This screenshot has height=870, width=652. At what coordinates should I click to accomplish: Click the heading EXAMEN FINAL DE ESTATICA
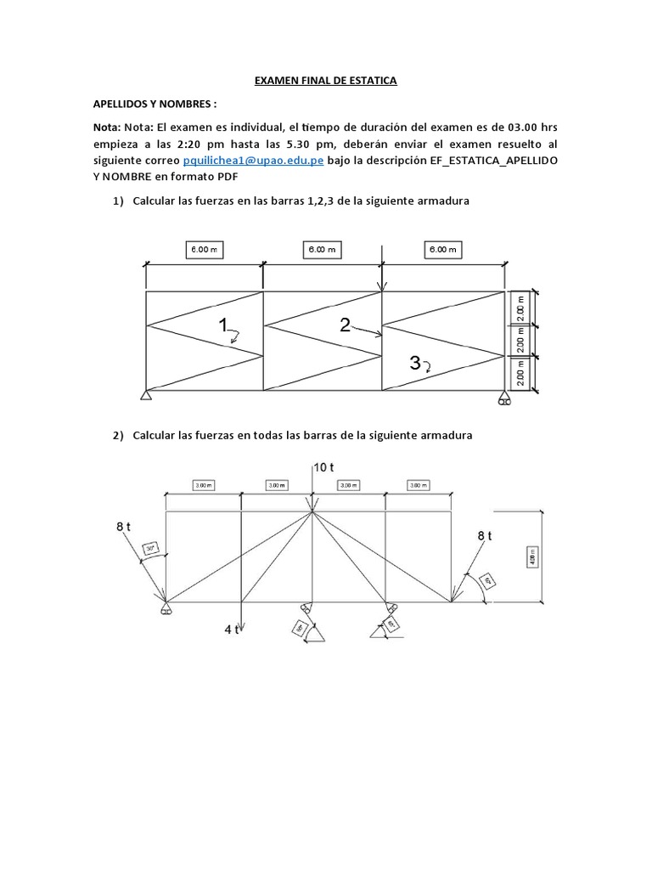pos(326,81)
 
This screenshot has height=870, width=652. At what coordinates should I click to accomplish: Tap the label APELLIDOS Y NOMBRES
pos(155,104)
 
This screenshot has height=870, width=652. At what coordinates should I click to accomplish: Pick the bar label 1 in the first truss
pos(223,325)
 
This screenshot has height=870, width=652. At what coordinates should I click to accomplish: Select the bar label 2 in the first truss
pos(345,325)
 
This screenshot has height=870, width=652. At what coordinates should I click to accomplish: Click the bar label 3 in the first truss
pos(414,364)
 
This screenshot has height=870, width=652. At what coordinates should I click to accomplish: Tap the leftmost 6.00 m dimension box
pos(204,249)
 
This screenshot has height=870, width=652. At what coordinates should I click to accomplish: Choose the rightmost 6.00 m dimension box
pos(441,249)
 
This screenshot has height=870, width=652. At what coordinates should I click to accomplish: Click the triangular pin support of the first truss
pos(147,395)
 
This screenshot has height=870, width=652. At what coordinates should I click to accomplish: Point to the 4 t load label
pos(231,630)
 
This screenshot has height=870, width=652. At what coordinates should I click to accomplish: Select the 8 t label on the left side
pos(124,527)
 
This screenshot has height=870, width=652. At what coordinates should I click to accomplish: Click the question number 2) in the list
pos(119,435)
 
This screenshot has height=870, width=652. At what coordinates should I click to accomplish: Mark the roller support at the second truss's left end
pos(165,608)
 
